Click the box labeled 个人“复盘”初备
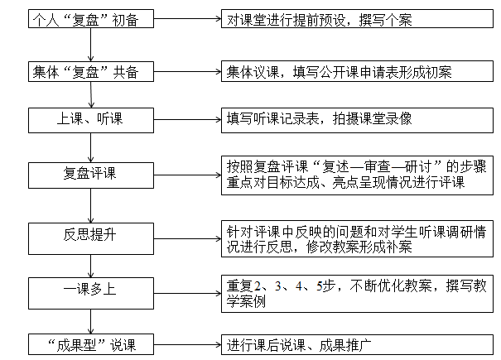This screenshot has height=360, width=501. [91, 18]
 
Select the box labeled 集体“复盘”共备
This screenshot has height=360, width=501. [91, 71]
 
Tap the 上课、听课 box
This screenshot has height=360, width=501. [91, 120]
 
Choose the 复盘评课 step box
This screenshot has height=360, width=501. [91, 175]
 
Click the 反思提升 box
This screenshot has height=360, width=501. [91, 238]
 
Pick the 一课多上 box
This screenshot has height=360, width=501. [91, 293]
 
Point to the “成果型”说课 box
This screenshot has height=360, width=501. [91, 344]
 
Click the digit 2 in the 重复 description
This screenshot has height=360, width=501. [258, 286]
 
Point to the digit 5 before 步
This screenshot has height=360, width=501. [319, 286]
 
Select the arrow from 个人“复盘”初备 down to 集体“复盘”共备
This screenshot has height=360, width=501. [91, 45]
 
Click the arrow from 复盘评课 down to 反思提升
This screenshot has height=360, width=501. [91, 206]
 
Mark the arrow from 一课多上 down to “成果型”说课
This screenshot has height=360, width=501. [91, 322]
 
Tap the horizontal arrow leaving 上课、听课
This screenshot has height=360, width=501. [187, 120]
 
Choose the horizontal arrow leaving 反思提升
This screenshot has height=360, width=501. [187, 238]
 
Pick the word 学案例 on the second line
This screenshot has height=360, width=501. [246, 301]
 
